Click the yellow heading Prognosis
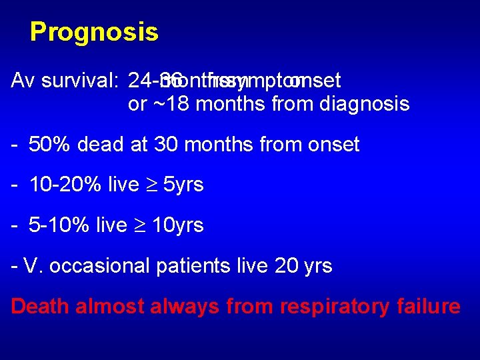click(x=94, y=32)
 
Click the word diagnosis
click(x=365, y=105)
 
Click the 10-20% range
click(x=65, y=185)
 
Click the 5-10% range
click(x=59, y=225)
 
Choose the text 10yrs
click(x=177, y=225)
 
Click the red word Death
click(x=41, y=306)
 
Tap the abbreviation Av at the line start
click(x=23, y=81)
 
